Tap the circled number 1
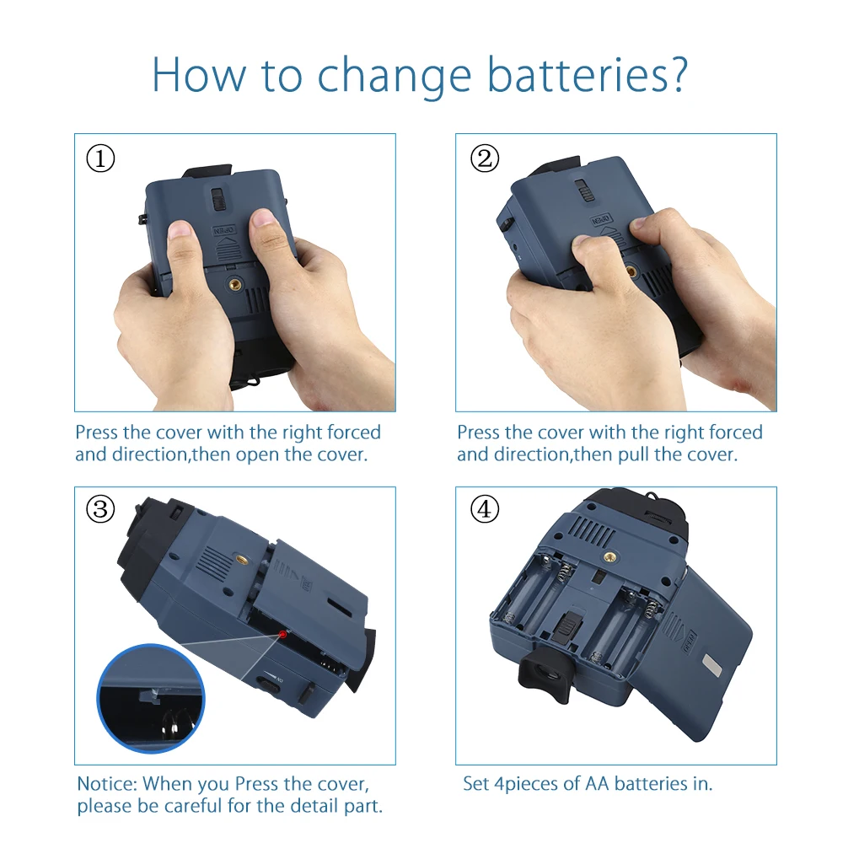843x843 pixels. coord(100,158)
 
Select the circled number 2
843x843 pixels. coord(485,158)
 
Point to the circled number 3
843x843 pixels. coord(100,509)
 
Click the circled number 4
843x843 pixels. coord(485,509)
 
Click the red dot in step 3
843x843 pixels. coord(282,635)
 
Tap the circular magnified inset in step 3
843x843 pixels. coord(151,698)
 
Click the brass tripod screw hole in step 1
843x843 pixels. coord(235,283)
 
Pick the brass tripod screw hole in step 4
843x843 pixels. coord(609,556)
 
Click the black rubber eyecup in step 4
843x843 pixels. coord(544,674)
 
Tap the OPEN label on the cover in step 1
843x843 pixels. coord(224,230)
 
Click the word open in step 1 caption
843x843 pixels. coord(259,456)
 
